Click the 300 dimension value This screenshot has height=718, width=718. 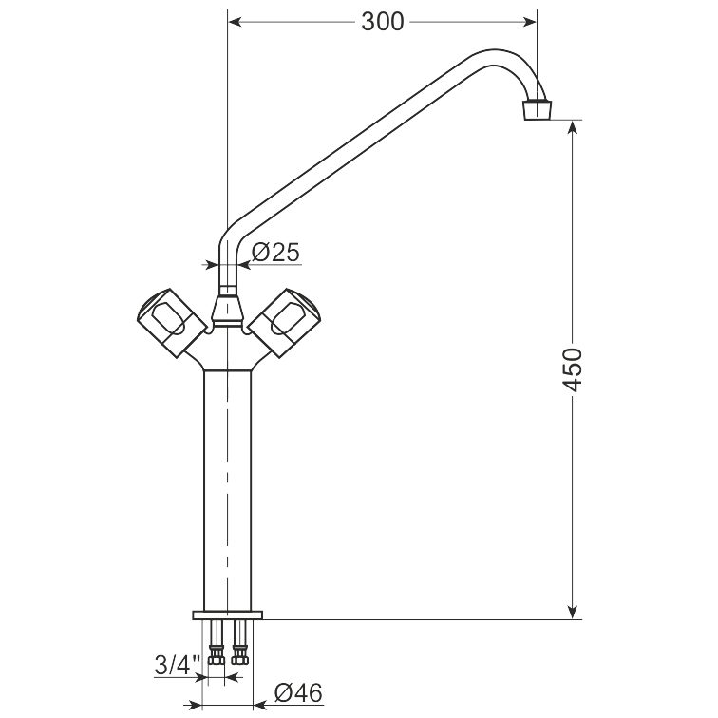click(x=383, y=22)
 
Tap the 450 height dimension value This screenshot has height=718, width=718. click(x=572, y=370)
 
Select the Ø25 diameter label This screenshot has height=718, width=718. click(x=275, y=252)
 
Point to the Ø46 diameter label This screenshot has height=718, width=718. click(x=298, y=692)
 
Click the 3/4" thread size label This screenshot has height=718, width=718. click(x=178, y=665)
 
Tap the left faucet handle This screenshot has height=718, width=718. click(x=171, y=322)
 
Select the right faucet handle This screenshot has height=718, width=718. click(x=284, y=322)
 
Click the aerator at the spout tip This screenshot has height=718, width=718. click(x=537, y=109)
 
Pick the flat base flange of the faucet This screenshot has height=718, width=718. click(x=228, y=614)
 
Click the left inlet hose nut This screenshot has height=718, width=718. click(x=217, y=653)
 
